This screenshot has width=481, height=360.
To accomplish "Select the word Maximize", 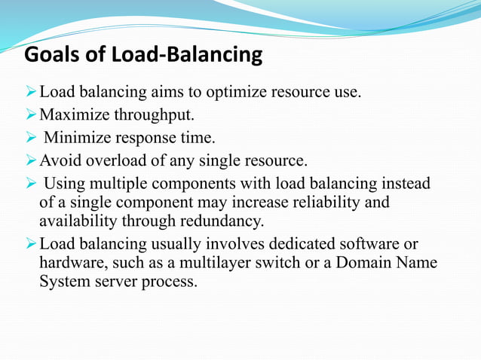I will pos(73,115).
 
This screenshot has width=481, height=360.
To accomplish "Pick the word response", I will pos(147,138).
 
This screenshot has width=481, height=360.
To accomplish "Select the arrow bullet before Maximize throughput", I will pos(31,115).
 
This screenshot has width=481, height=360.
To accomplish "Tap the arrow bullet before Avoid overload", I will pos(31,160).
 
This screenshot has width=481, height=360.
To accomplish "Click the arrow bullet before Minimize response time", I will pos(31,138).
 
